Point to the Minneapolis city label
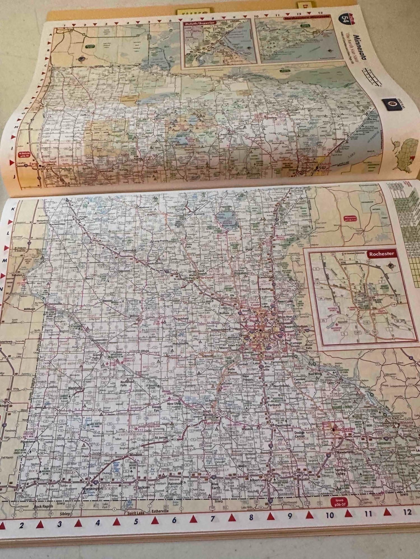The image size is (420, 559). [x=256, y=326]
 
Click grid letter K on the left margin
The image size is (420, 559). [x=13, y=209]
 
